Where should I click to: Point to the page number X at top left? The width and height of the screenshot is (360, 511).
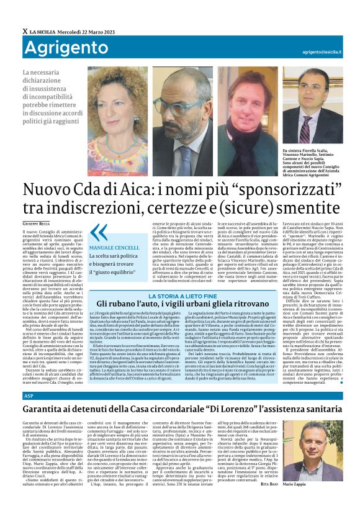tap(25, 32)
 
